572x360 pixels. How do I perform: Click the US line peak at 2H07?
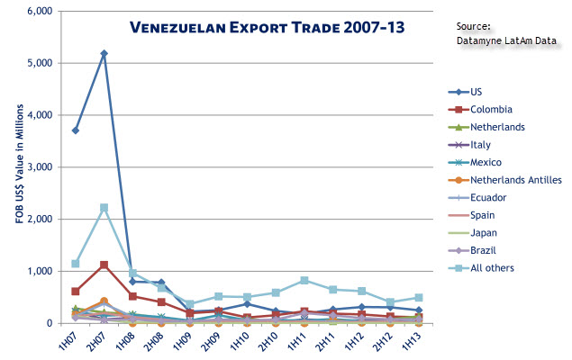tap(104, 54)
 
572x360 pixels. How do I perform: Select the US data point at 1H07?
tap(76, 130)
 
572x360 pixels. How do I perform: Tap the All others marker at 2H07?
tap(104, 208)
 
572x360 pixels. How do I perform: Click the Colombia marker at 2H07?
tap(104, 265)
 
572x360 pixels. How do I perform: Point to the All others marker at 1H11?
tap(304, 280)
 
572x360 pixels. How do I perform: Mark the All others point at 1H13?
tap(419, 298)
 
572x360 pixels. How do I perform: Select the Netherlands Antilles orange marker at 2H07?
tap(104, 301)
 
